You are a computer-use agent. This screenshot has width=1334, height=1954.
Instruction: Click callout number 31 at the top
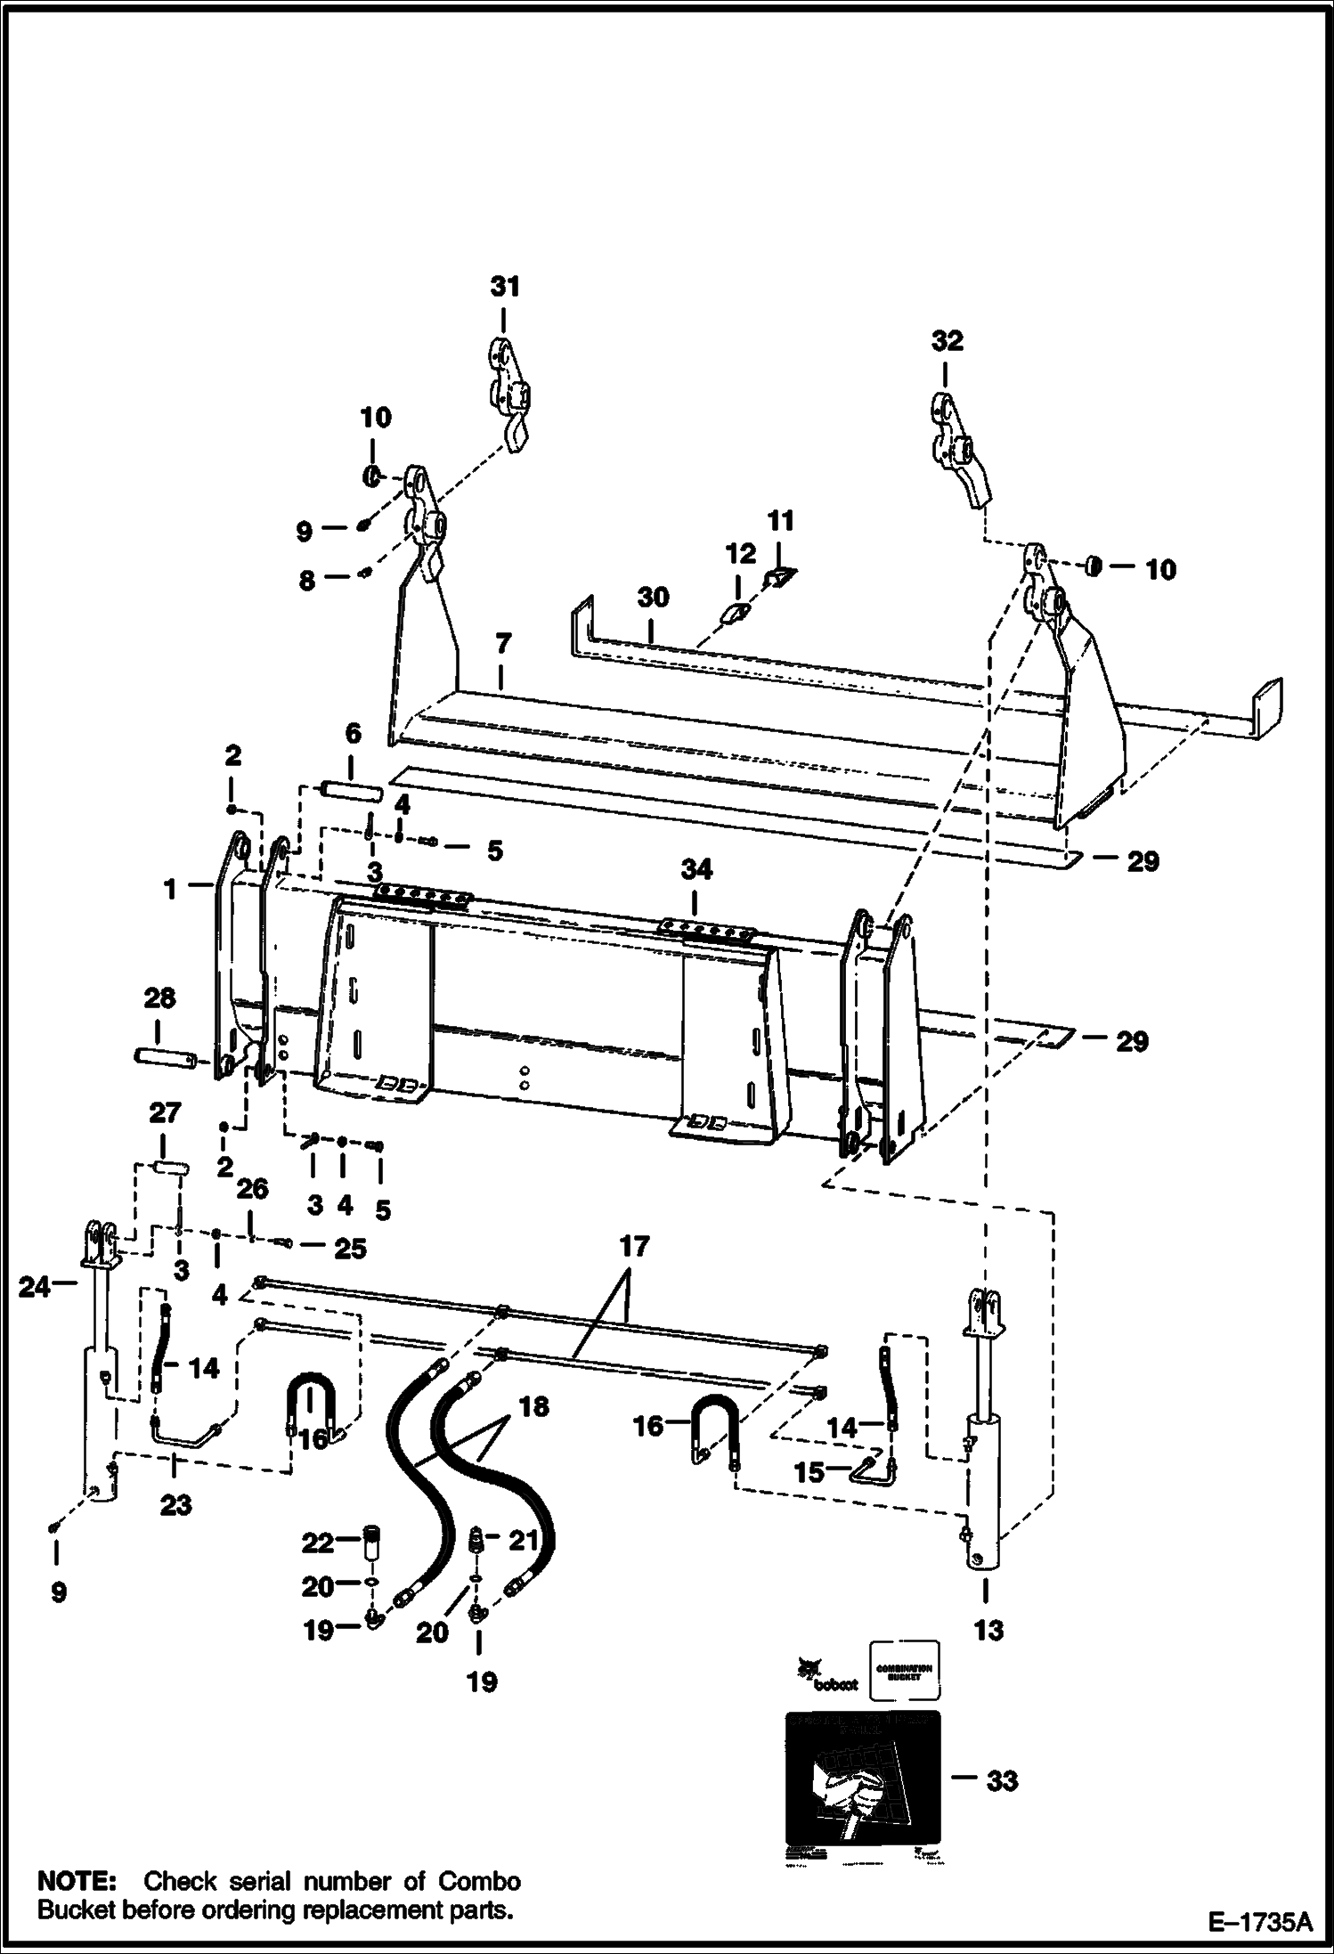pos(504,287)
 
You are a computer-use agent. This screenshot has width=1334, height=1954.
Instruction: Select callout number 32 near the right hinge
pos(947,340)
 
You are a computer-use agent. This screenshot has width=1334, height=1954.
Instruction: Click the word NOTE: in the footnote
pos(77,1856)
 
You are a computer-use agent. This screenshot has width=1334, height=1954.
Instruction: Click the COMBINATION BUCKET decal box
pos(903,1671)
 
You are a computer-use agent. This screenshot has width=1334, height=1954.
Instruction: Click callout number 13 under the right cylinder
pos(988,1630)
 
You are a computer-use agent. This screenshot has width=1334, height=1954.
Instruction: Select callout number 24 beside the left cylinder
pos(35,1286)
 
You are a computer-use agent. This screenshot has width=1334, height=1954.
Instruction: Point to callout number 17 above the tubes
pos(634,1246)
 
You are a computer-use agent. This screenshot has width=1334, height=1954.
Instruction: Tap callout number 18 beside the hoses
pos(534,1407)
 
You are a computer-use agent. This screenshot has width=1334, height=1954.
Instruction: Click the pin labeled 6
pos(353,789)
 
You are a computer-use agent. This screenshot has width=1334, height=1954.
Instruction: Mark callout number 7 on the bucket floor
pos(502,642)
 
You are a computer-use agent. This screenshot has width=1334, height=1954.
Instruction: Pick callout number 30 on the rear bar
pos(653,597)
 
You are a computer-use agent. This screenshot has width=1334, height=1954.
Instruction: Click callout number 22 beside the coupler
pos(317,1542)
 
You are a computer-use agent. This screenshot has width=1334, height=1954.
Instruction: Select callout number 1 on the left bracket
pos(170,888)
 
